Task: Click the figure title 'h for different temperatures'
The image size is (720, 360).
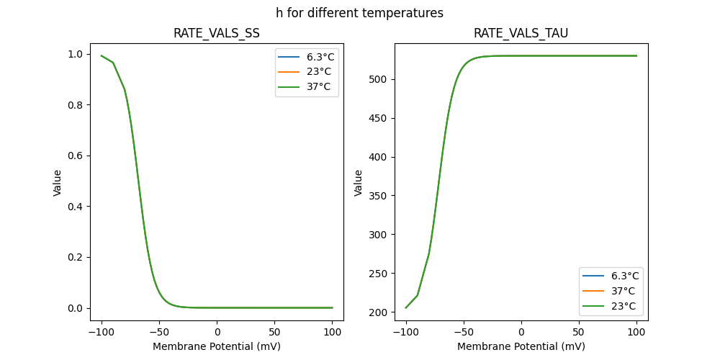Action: coord(359,13)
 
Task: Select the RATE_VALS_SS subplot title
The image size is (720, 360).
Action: coord(217,34)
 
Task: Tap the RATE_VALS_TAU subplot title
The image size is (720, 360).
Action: coord(521,34)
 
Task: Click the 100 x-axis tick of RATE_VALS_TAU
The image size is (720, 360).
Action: coord(636,333)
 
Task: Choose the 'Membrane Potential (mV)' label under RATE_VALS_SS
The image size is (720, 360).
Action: coord(217,346)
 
